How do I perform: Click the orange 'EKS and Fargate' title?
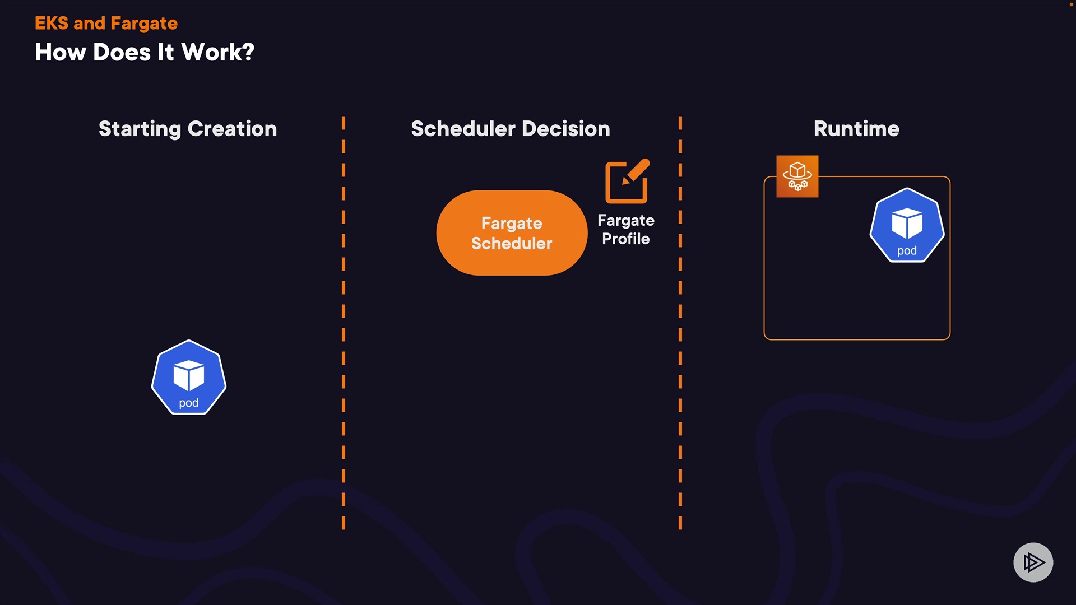106,24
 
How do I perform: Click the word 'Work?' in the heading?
218,53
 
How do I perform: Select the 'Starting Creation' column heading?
188,129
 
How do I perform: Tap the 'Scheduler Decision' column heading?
510,129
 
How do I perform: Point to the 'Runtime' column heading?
856,129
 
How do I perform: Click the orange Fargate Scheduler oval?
512,233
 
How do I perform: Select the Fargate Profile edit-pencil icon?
627,181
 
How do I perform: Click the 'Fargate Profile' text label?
626,230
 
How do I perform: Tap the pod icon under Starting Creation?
189,377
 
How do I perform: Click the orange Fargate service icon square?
797,176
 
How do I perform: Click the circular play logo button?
1033,562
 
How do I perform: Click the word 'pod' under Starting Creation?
189,403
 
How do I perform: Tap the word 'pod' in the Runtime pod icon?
907,251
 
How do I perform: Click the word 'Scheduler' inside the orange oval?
512,244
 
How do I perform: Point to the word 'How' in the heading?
60,53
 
